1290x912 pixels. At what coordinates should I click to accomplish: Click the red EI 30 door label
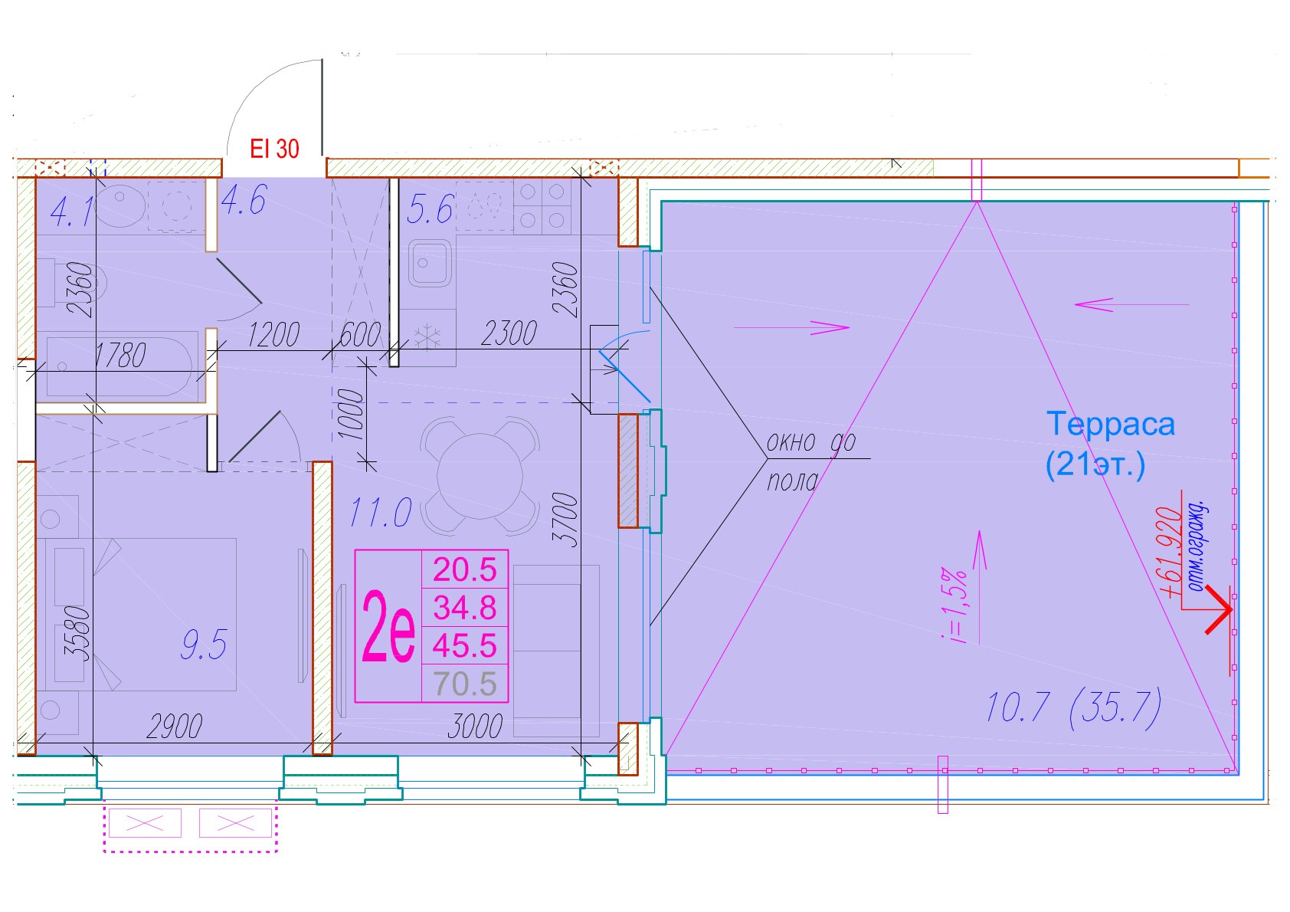274,149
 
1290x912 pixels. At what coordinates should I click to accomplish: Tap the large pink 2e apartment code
388,625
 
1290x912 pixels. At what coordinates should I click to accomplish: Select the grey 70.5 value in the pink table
465,684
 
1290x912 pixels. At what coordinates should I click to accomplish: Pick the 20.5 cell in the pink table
465,569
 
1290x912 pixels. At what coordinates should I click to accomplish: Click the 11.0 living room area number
381,512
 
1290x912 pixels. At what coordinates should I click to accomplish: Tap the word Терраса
1110,424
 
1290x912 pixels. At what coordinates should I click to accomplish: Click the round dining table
480,476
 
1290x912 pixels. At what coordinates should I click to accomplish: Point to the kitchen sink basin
430,264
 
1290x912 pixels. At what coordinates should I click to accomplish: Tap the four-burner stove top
542,205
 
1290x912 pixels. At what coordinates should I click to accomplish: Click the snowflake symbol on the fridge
427,337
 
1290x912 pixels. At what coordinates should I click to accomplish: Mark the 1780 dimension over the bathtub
120,355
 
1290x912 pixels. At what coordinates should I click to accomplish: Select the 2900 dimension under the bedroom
175,727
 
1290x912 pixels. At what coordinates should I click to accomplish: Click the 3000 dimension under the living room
475,727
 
